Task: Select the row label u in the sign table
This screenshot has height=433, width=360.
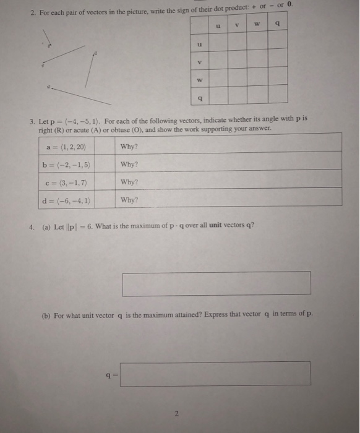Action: [199, 44]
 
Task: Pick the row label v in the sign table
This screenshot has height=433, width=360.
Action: [199, 62]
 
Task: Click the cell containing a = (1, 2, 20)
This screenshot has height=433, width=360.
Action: [69, 147]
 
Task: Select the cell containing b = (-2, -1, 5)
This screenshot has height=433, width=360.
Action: [69, 165]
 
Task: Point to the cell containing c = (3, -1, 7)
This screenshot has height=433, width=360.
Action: [69, 182]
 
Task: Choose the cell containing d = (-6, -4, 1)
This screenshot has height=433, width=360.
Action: [69, 200]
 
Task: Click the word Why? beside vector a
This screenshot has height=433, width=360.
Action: [129, 147]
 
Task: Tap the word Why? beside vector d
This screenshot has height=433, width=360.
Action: [129, 200]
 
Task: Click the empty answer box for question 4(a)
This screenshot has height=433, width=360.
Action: [216, 283]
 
